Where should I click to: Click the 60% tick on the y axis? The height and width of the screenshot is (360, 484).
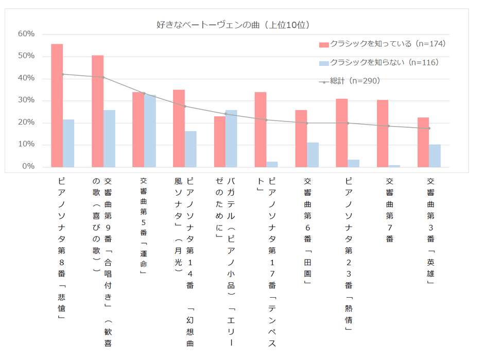click(26, 34)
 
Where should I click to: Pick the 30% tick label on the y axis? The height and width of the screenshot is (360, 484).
click(26, 100)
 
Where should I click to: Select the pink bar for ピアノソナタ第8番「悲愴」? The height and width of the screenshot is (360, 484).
click(57, 106)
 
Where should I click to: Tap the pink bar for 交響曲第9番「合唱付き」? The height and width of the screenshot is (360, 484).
click(97, 111)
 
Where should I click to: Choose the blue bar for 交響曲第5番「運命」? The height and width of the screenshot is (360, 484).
click(150, 131)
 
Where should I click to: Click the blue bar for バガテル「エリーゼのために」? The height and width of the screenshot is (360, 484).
click(231, 139)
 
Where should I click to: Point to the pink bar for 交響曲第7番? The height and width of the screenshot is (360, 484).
click(383, 133)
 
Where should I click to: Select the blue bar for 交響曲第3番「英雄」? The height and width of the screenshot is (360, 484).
click(435, 156)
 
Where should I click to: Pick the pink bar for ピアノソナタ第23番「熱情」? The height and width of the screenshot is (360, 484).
click(342, 133)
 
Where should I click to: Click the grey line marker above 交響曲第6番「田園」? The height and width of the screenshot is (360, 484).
click(307, 123)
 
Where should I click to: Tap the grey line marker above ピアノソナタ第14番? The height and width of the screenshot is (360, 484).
click(185, 106)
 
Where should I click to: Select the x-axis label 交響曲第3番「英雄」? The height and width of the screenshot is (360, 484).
click(430, 232)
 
